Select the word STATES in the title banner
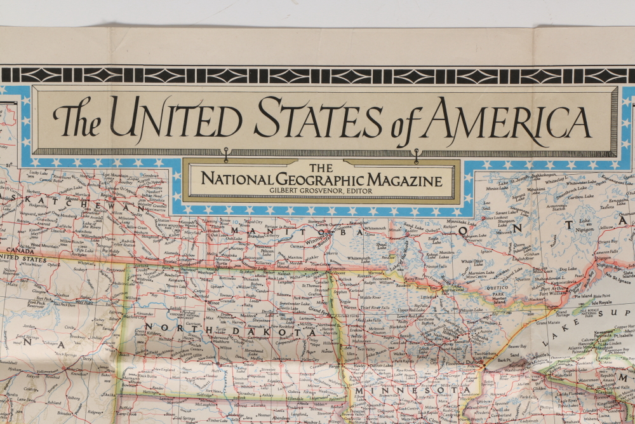319,119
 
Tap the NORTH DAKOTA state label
232,330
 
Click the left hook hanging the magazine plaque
225,153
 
